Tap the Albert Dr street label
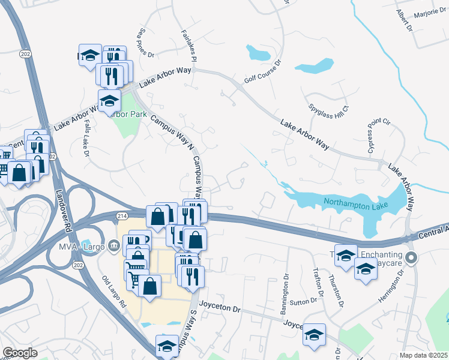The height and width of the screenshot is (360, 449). click(x=404, y=20)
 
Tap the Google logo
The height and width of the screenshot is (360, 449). click(x=20, y=353)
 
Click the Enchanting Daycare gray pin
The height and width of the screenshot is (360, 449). click(x=411, y=258)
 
